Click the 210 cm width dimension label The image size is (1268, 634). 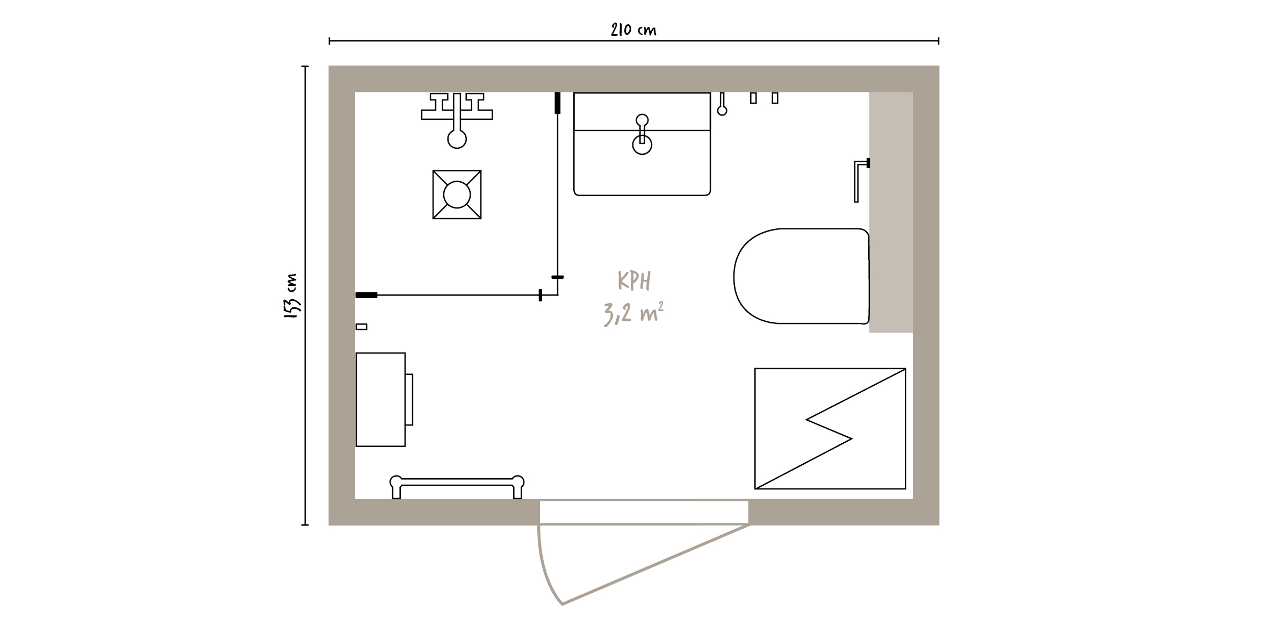tap(633, 30)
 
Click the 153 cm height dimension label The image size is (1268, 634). tap(291, 297)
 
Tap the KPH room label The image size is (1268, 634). tap(634, 281)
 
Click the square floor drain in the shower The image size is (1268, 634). tap(457, 194)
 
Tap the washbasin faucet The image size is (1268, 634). tap(642, 134)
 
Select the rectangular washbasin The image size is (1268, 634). tap(642, 144)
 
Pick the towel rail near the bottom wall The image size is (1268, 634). tap(457, 487)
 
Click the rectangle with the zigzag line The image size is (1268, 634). tap(830, 428)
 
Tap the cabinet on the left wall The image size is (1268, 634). tap(380, 399)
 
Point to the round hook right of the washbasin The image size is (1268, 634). tap(722, 104)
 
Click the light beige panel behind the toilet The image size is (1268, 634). tap(891, 212)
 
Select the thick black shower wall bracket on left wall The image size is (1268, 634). tap(366, 295)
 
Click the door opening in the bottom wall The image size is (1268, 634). tap(644, 512)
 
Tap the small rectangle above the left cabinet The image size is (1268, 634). tap(362, 327)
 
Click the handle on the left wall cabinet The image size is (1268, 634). tap(409, 399)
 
